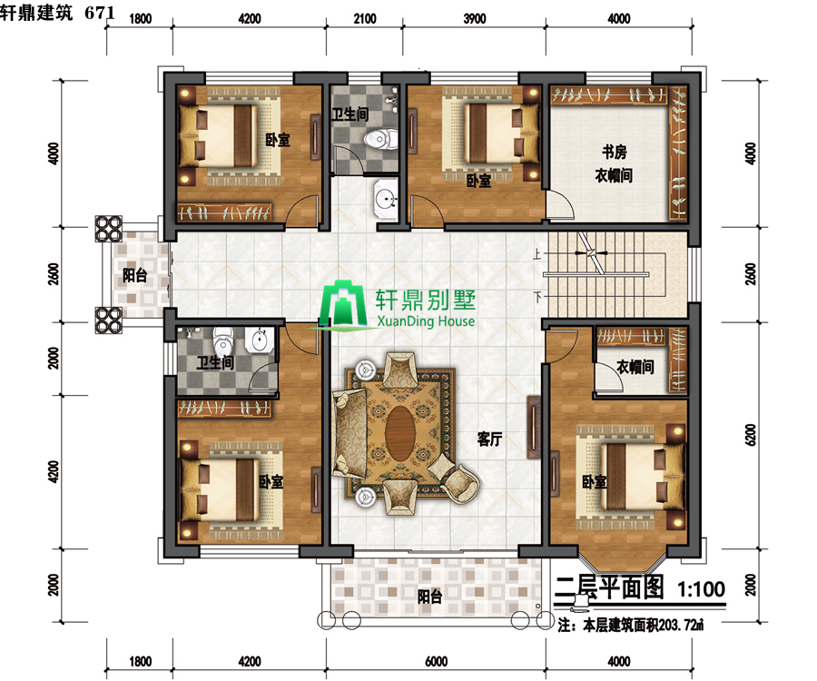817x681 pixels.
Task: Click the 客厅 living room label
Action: click(489, 439)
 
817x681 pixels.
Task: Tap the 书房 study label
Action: click(615, 153)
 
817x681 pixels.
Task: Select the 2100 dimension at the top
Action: click(365, 19)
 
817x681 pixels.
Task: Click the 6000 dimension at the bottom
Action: click(436, 661)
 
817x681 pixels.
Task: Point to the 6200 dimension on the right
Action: click(751, 434)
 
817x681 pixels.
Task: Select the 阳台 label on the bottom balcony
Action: click(430, 597)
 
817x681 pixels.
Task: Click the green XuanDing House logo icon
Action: click(343, 305)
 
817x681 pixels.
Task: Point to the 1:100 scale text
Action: click(701, 589)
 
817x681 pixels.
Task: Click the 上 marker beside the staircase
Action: click(537, 254)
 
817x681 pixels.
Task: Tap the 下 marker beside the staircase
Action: click(537, 297)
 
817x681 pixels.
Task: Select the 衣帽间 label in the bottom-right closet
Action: click(635, 367)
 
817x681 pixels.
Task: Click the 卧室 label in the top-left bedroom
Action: click(278, 140)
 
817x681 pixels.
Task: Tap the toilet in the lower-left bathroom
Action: click(223, 340)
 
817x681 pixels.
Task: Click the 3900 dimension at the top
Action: click(475, 19)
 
